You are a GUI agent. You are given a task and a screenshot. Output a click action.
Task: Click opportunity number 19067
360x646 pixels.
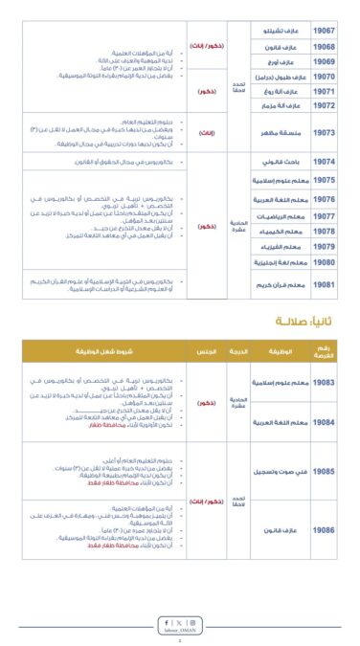tap(324, 30)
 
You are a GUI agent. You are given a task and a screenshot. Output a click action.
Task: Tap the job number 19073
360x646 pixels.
tap(324, 131)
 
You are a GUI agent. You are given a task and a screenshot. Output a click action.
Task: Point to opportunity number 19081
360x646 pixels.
tap(324, 285)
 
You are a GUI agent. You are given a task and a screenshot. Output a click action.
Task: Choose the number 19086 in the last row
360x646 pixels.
tap(324, 528)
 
